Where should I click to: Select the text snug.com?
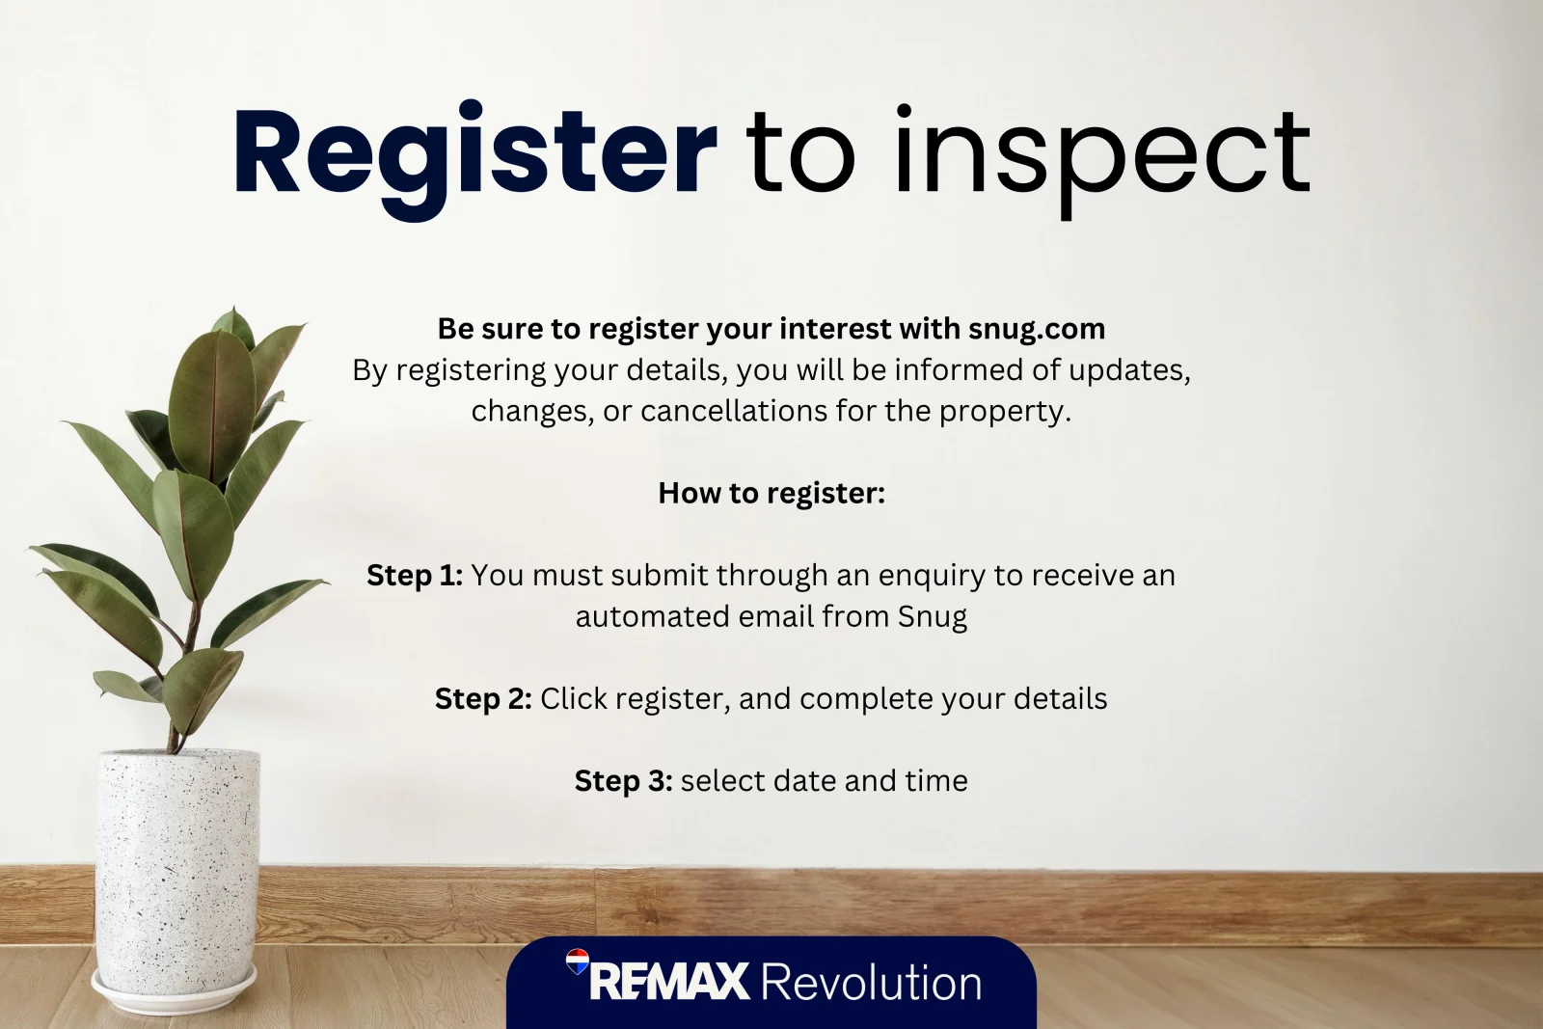coord(1037,330)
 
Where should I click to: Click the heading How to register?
coord(771,493)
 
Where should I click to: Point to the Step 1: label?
coord(415,575)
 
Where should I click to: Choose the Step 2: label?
coord(483,698)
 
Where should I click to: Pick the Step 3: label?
coord(623,780)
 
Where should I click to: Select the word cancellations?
coord(734,411)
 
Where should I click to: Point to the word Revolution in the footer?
coord(872,981)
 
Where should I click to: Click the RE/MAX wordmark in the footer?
coord(669,981)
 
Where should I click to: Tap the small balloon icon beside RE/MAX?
coord(578,961)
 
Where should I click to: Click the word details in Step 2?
coord(1060,698)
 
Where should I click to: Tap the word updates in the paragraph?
coord(1129,371)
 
